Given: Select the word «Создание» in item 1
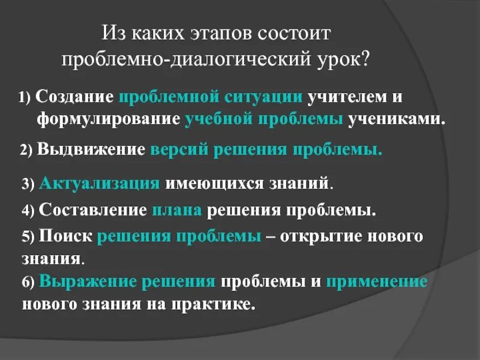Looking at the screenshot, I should pos(74,97).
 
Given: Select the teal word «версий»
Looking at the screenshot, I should pos(178,149).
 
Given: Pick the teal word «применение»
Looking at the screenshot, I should pos(377,281).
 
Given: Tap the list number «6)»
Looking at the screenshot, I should pos(29,283).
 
